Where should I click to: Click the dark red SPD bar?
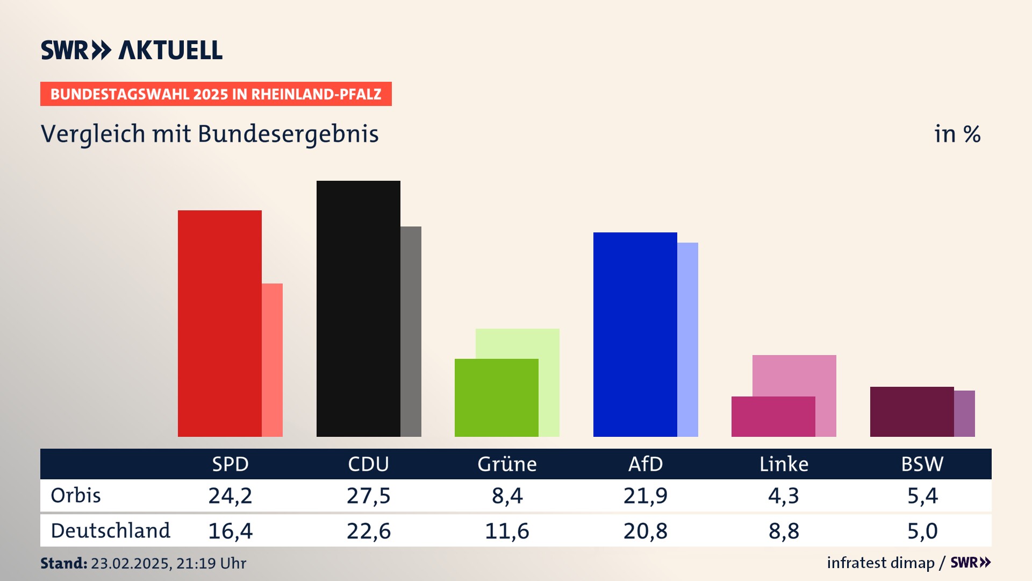[x=219, y=323]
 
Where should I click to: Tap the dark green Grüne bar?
[x=496, y=398]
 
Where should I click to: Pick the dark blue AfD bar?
[x=635, y=334]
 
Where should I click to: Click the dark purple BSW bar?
[x=912, y=412]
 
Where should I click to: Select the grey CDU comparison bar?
[x=411, y=331]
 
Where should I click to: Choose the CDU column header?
[x=368, y=464]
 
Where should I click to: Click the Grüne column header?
[x=507, y=464]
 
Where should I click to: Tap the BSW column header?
[x=922, y=464]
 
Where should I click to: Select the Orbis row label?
[x=76, y=495]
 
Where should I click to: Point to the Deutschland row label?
[x=110, y=531]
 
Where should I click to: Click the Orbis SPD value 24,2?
[x=230, y=495]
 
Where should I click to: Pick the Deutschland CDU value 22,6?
[x=368, y=531]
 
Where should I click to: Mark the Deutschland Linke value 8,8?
[x=784, y=531]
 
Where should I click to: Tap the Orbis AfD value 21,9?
[x=645, y=495]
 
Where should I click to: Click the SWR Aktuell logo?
[x=132, y=50]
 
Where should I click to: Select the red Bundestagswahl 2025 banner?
[x=216, y=94]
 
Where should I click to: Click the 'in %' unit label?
[x=957, y=134]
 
